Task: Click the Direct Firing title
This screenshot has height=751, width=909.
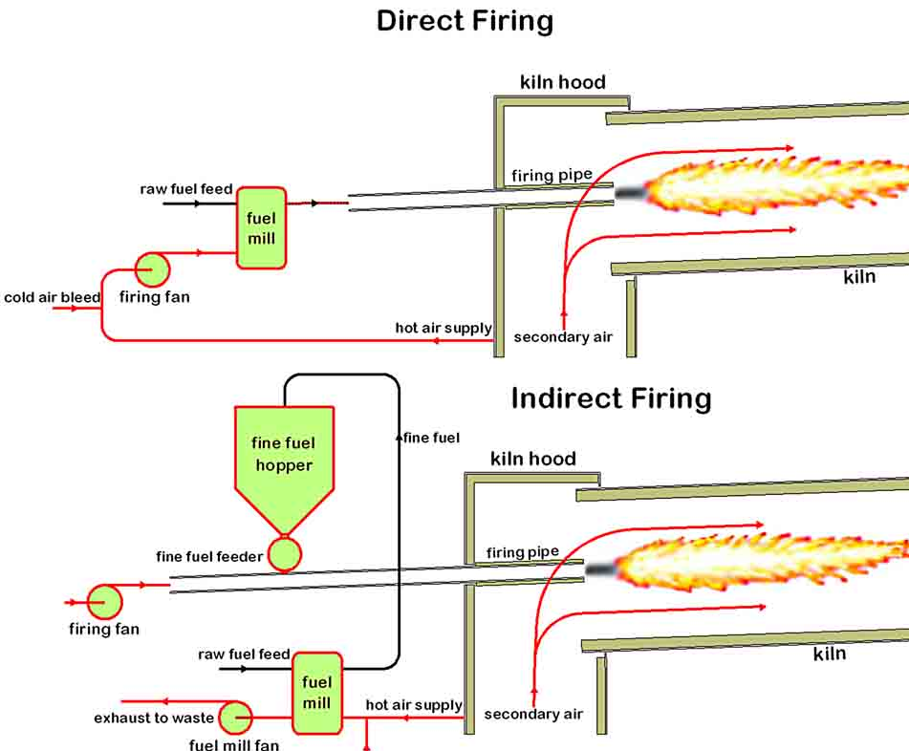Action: coord(465,20)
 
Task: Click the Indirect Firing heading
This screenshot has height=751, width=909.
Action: coord(611,397)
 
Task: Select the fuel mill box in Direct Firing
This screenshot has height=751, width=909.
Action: coord(261,228)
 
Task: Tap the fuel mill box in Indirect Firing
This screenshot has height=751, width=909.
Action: coord(316,693)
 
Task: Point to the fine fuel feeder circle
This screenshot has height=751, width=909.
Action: coord(284,554)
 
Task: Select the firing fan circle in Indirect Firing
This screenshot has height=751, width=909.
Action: coord(105,602)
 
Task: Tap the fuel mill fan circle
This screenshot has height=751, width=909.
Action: coord(235,718)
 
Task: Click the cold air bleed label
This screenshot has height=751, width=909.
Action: coord(52,297)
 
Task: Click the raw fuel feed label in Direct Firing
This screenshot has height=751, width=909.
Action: coord(186,189)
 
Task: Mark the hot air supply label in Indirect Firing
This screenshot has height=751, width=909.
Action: coord(414,705)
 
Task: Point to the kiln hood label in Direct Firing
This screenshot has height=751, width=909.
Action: coord(562,82)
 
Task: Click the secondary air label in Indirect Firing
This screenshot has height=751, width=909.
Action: coord(533,714)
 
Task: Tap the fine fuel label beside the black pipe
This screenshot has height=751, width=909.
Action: coord(431,438)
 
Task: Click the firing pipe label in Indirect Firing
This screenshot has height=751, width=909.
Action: coord(522,552)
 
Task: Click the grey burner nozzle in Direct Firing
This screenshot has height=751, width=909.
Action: coord(630,192)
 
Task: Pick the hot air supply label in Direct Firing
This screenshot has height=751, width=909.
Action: coord(444,328)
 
